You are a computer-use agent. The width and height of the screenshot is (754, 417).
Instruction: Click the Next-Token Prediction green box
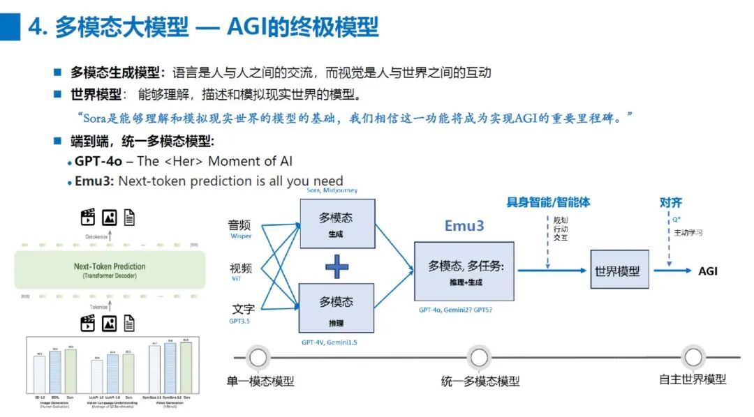click(110, 270)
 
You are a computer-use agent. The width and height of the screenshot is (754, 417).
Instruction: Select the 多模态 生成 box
click(337, 224)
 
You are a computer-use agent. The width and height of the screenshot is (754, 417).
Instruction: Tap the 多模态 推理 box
click(337, 308)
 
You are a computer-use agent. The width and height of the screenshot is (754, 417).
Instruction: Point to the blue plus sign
click(337, 266)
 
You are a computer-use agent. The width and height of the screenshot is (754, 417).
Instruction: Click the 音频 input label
click(239, 225)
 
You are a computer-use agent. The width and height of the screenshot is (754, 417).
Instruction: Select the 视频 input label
click(241, 268)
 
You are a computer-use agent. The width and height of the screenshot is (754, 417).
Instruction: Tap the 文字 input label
click(242, 308)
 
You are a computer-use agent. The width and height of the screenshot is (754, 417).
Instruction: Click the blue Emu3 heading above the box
click(464, 226)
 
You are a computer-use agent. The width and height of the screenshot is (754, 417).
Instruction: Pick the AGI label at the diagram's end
click(707, 271)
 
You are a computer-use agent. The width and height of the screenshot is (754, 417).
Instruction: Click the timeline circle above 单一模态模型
click(259, 358)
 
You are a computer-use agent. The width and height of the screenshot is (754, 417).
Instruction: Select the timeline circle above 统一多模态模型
click(479, 358)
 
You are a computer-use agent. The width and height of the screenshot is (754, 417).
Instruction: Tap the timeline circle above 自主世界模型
click(693, 358)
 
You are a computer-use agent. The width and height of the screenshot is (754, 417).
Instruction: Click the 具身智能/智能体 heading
click(548, 202)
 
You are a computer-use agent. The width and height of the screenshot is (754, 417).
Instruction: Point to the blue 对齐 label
click(670, 202)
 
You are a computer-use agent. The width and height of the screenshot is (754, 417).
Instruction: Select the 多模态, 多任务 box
click(464, 271)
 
